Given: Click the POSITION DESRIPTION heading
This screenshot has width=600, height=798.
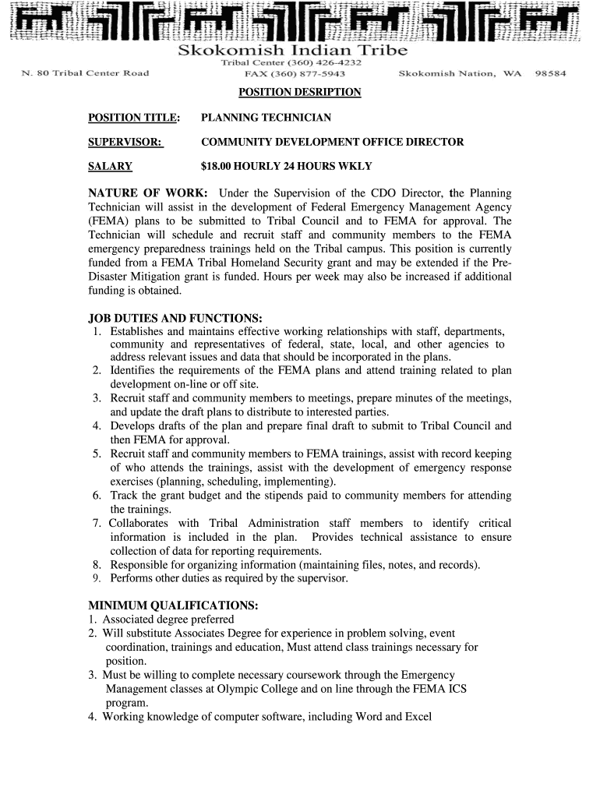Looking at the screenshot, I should coord(299,93).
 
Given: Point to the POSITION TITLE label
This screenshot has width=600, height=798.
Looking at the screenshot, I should coord(134,118).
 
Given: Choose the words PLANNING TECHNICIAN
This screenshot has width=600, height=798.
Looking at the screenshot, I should coord(266,118).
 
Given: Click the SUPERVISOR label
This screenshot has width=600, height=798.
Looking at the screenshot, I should coord(125,142).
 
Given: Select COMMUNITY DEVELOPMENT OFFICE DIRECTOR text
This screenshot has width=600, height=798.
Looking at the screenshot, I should coord(332,142).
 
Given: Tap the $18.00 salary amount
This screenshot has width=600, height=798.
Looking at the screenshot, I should coord(218,166).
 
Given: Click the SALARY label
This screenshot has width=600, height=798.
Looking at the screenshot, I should coord(110,166).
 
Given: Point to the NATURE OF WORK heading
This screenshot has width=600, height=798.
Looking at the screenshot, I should coord(147,192).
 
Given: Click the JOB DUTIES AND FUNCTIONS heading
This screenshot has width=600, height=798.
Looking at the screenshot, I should coord(175,318).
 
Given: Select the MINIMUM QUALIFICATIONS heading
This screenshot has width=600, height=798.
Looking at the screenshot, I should coord(172,606).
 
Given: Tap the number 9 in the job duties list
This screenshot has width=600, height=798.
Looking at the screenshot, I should coord(96,579).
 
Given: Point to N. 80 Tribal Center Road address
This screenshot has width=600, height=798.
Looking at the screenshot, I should coord(85,73).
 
